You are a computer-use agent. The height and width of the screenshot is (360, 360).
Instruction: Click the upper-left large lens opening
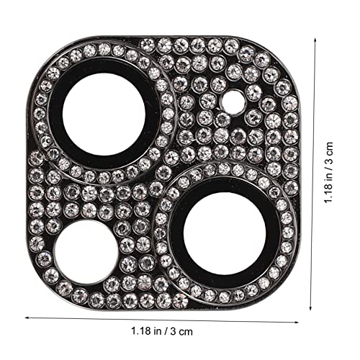click(104, 114)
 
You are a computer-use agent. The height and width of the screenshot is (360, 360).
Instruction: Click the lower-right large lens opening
click(225, 234)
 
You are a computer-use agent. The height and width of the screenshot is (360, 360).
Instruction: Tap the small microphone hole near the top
click(233, 102)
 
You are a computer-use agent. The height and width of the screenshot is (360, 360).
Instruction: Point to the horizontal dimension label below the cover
click(162, 331)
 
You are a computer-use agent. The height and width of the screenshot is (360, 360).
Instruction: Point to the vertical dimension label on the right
click(328, 173)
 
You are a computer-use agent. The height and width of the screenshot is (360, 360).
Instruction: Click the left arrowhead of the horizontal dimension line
click(27, 318)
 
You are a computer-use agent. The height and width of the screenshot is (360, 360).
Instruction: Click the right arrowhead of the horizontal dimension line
click(297, 322)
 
